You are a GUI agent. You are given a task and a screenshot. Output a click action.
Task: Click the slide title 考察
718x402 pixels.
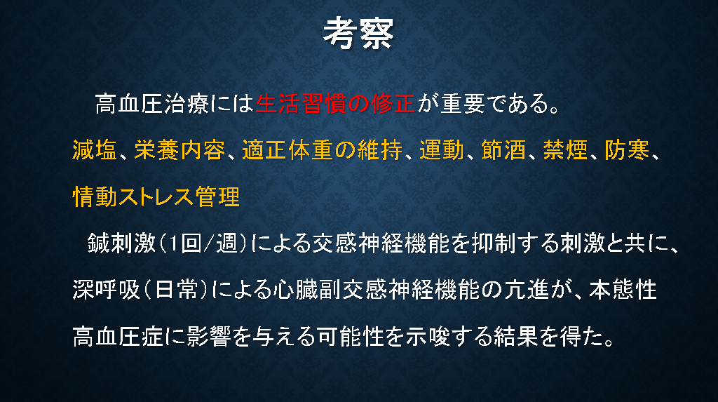coord(358,34)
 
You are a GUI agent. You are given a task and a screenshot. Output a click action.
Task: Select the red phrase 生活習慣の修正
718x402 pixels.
coord(335,104)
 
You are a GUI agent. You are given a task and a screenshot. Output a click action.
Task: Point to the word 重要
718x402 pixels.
coord(463,104)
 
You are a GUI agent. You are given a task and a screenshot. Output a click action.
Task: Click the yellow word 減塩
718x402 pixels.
coord(95,150)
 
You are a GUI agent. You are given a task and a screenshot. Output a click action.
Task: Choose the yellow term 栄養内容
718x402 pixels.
coord(180,150)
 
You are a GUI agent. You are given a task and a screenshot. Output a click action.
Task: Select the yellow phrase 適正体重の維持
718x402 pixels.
coord(323,150)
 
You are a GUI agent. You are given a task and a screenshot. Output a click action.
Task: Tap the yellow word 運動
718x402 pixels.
coord(442,150)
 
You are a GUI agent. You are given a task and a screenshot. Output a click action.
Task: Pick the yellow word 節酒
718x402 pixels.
coord(503,150)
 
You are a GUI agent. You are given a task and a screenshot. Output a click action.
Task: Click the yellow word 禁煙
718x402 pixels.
coord(566,150)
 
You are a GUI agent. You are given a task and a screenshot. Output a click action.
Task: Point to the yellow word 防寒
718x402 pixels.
coord(628,150)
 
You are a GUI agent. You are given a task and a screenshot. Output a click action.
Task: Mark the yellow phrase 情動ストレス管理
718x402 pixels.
coord(156,196)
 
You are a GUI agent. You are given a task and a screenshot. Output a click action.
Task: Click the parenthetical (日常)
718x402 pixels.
coord(176,290)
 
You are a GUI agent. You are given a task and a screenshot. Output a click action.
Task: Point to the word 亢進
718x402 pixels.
coord(527,290)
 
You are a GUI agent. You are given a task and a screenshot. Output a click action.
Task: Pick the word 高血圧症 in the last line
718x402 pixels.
coord(118,337)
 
